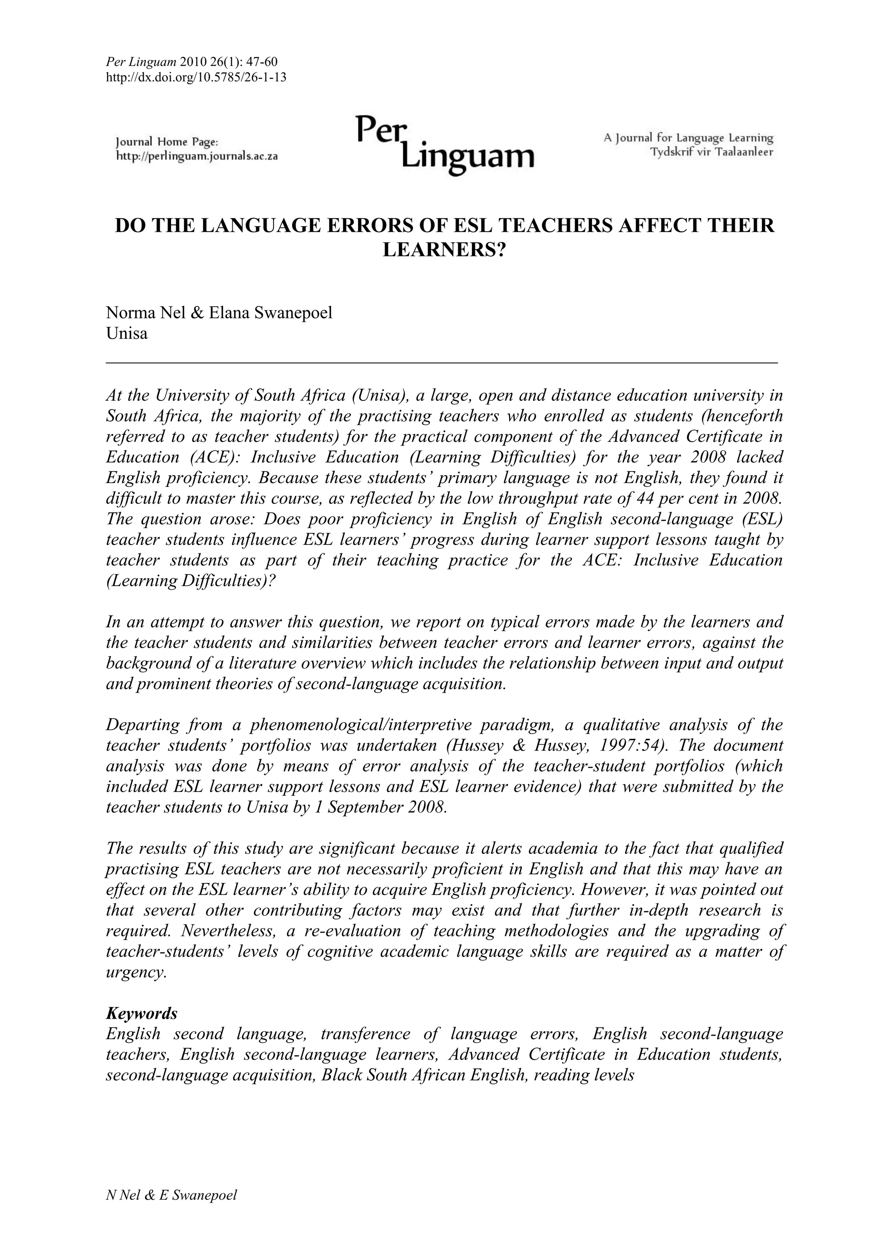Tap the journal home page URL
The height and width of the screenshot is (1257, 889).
197,156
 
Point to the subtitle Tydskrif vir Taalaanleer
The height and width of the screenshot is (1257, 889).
711,152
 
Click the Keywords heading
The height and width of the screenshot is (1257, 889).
142,1014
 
